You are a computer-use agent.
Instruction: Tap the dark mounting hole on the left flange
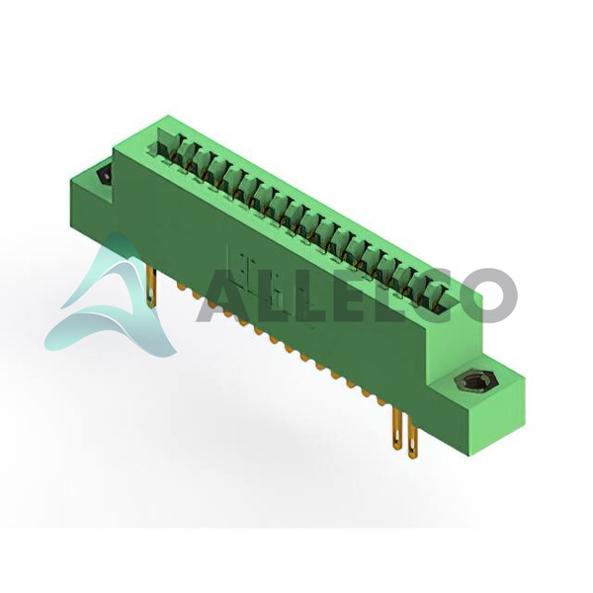[105, 175]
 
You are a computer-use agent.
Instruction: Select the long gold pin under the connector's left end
[151, 287]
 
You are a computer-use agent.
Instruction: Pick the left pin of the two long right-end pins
[397, 429]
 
